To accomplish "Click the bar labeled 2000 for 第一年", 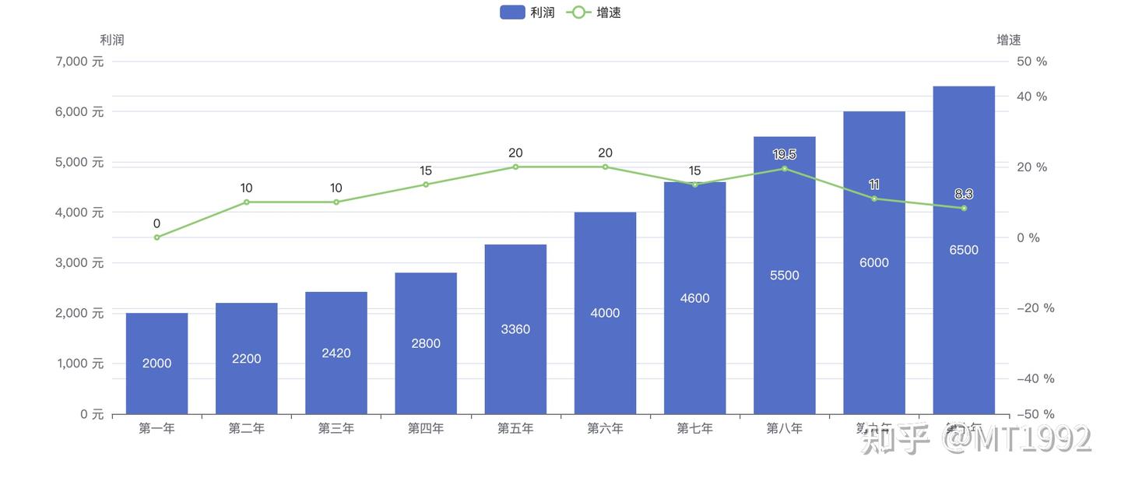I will (x=156, y=363).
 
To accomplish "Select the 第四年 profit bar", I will (x=426, y=343).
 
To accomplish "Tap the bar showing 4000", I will (x=605, y=312).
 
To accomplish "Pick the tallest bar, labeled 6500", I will (x=964, y=249).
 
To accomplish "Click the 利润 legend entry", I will (x=528, y=12).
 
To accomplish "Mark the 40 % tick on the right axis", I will (x=1032, y=97).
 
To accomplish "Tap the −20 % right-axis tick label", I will (x=1035, y=308).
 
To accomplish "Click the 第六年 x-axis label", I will (x=605, y=428).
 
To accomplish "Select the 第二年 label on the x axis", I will (x=247, y=428).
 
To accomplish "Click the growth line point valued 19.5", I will (x=784, y=168).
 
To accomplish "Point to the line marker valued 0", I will (x=156, y=237).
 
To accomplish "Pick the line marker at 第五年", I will (x=515, y=167).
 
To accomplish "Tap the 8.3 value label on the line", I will (x=964, y=194).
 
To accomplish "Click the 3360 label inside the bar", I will (x=515, y=329).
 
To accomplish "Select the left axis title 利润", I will (x=112, y=40).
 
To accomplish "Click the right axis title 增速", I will (x=1009, y=40).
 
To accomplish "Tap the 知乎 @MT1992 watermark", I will (x=976, y=441).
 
